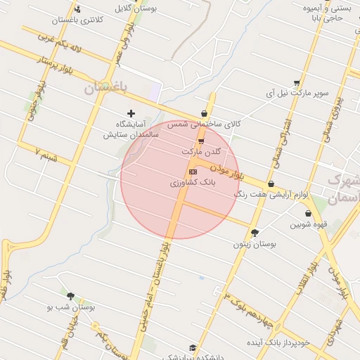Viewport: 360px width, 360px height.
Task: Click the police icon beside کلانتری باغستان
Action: [x=77, y=9]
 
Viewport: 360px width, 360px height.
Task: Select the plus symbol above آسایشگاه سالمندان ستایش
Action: [x=131, y=112]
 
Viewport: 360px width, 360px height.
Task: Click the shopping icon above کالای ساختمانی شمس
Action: [x=204, y=112]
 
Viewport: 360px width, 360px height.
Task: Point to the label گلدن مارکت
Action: [x=201, y=151]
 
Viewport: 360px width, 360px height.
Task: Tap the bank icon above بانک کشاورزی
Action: [x=193, y=172]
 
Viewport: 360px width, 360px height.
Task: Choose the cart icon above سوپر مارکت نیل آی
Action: [x=297, y=82]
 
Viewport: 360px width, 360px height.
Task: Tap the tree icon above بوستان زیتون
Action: [x=255, y=233]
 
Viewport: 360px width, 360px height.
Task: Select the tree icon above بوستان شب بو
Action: [x=70, y=296]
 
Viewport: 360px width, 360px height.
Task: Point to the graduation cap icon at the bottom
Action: [x=193, y=347]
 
